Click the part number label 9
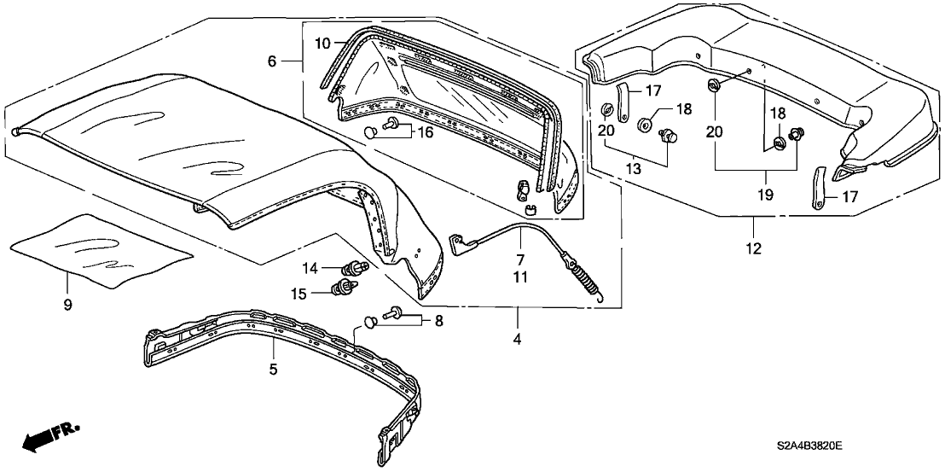click(x=69, y=304)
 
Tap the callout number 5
click(x=274, y=370)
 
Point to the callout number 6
click(x=272, y=61)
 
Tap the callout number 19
click(x=764, y=195)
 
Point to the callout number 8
click(x=439, y=321)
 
